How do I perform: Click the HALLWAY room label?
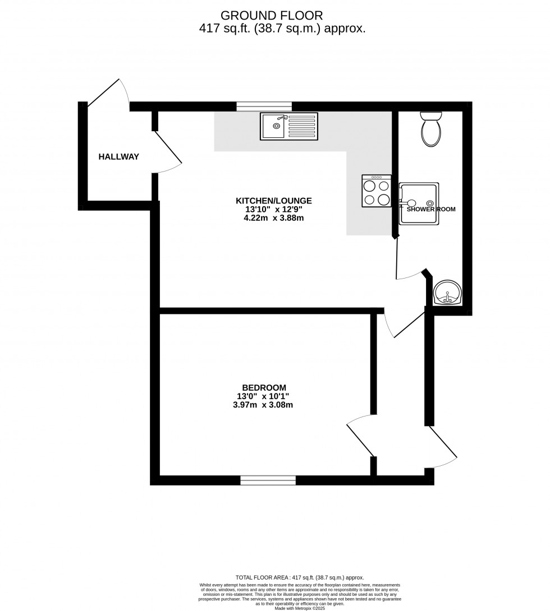tap(118, 157)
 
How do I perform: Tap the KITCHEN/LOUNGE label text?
tap(273, 201)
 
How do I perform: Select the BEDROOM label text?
tap(264, 387)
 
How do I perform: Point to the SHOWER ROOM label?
tap(431, 209)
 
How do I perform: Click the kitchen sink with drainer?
tap(288, 126)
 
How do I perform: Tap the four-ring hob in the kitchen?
tap(377, 191)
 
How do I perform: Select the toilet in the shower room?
tap(431, 129)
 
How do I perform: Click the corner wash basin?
tap(447, 293)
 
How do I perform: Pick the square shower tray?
tap(419, 203)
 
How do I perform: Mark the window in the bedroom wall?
tap(268, 480)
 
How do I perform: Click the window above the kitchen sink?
tap(264, 106)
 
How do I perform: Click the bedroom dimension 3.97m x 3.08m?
tap(264, 405)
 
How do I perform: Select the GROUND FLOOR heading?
tap(272, 15)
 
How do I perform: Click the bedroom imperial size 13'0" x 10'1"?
tap(264, 396)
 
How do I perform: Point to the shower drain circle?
tap(430, 203)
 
